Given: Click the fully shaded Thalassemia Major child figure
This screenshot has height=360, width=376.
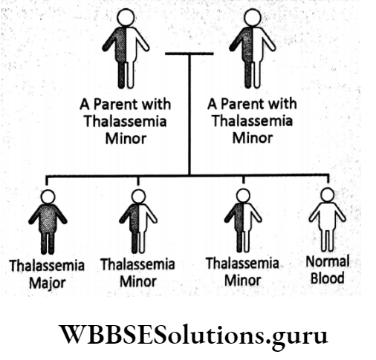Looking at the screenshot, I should point(47,221).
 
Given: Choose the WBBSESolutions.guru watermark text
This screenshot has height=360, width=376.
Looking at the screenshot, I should point(189,335).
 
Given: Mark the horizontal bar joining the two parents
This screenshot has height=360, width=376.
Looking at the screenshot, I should point(189,53).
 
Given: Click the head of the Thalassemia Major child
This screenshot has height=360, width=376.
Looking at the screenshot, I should point(47,196).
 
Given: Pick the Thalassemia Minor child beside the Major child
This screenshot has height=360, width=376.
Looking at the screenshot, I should point(138,221).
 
